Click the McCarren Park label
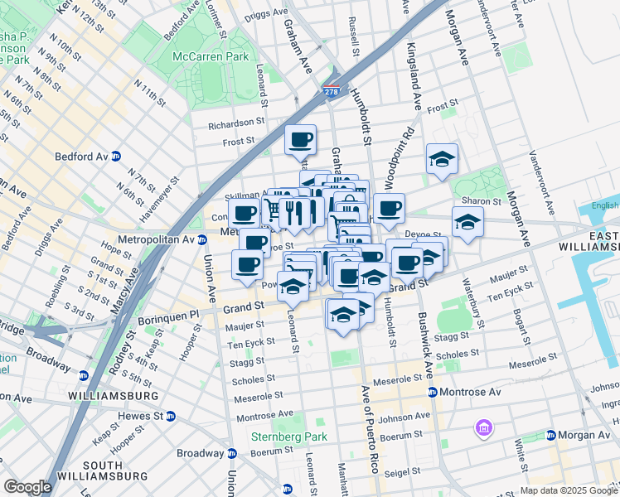(x=210, y=56)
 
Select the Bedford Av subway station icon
(x=116, y=156)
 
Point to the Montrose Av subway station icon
(x=432, y=392)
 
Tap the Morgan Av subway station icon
(x=550, y=435)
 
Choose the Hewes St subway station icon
(x=170, y=416)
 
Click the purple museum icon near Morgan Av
(x=483, y=428)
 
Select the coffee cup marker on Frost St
(x=300, y=139)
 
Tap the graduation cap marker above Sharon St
(x=442, y=158)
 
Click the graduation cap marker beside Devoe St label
(x=467, y=221)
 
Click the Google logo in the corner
(x=27, y=487)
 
